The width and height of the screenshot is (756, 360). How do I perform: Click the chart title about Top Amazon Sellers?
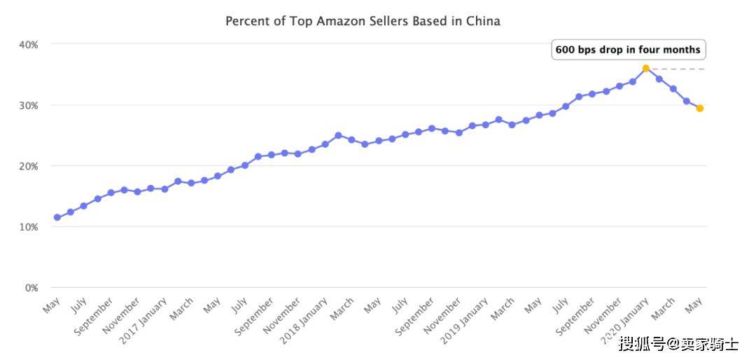coord(363,21)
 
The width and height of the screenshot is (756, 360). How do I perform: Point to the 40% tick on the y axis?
coord(29,44)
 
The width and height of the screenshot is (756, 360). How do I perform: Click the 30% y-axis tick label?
coord(29,105)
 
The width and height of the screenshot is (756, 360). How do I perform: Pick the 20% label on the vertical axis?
coord(29,166)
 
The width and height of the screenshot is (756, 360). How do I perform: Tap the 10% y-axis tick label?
coord(29,227)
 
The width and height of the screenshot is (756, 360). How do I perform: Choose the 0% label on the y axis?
coord(31,288)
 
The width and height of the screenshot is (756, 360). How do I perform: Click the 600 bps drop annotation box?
coord(628,50)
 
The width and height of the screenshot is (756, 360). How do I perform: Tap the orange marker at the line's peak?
coord(645,69)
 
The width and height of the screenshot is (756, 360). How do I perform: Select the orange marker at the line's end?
coord(699,108)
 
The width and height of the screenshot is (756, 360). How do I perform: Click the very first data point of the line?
coord(57,217)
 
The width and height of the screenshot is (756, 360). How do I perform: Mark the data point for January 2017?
coord(164,189)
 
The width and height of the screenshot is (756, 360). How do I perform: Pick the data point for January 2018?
coord(325,144)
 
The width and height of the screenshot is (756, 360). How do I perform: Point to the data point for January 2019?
coord(486,125)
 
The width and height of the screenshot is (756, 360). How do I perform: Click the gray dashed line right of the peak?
coord(678,69)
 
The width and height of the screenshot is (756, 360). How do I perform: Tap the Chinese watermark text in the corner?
coord(678,344)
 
